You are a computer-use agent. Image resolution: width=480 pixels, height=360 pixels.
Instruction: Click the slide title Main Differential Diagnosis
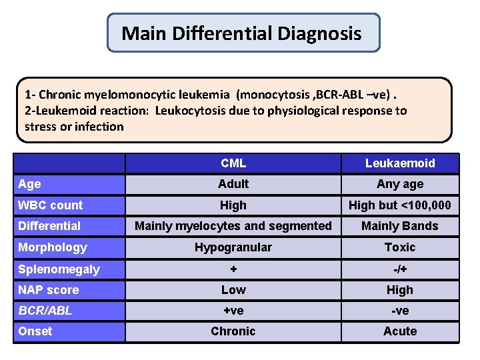[x=242, y=33]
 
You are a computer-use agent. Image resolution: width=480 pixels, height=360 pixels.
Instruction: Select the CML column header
[x=233, y=163]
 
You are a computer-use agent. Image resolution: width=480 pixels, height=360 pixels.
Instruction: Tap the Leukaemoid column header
[x=400, y=163]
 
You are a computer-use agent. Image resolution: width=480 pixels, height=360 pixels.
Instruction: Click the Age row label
[x=30, y=184]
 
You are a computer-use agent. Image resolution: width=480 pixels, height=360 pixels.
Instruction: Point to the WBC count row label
[x=51, y=205]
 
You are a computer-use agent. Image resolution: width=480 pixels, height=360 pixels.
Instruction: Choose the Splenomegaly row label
[x=59, y=269]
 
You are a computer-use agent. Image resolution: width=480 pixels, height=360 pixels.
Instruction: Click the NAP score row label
[x=49, y=290]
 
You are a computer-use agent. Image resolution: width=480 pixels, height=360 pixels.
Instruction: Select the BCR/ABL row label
[x=45, y=311]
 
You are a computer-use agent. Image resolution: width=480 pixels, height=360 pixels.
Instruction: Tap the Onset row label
[x=35, y=331]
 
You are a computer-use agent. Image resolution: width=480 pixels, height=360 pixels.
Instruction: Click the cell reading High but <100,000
[x=400, y=205]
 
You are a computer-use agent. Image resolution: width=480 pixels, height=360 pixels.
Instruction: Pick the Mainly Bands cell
[x=400, y=226]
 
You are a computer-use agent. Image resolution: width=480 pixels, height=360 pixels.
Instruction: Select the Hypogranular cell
[x=233, y=247]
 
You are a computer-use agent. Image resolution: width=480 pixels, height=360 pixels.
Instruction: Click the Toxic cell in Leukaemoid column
[x=400, y=247]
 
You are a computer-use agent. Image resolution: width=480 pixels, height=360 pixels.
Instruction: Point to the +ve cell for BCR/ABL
[x=233, y=311]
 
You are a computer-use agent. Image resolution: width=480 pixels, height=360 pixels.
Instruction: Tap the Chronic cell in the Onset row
[x=233, y=331]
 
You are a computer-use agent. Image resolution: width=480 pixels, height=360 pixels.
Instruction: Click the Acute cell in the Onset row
[x=400, y=331]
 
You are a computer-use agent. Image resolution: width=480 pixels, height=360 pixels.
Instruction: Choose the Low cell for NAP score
[x=233, y=290]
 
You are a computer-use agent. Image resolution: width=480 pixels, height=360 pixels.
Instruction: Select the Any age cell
[x=400, y=184]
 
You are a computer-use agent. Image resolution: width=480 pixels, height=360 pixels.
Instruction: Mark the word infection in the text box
[x=99, y=126]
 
